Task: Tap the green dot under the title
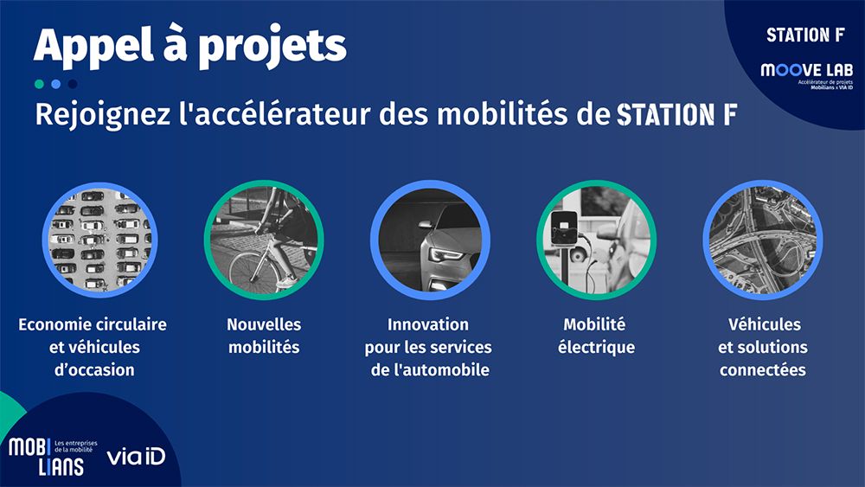(39, 84)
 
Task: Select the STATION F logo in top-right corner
(804, 35)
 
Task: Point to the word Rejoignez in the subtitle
(98, 115)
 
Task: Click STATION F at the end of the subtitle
(676, 115)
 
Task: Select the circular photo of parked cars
(97, 240)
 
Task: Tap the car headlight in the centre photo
(445, 255)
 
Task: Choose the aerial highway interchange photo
(761, 240)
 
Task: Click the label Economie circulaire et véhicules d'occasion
(93, 347)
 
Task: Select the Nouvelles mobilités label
(264, 336)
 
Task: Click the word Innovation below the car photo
(427, 324)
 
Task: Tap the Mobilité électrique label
(594, 336)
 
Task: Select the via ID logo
(136, 457)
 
